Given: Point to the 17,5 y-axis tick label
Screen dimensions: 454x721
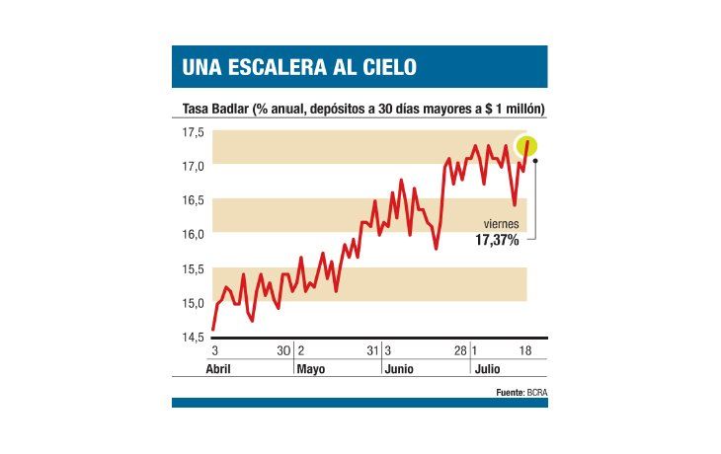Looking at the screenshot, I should pyautogui.click(x=192, y=132).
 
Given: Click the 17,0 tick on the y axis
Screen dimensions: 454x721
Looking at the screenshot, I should pyautogui.click(x=192, y=167).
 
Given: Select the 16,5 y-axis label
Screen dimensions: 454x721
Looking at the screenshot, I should pyautogui.click(x=192, y=200).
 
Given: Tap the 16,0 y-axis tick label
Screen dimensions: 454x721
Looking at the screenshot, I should pyautogui.click(x=192, y=235).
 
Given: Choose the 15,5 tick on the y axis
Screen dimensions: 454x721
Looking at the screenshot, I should pyautogui.click(x=192, y=269).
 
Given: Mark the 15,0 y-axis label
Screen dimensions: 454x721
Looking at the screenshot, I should pyautogui.click(x=192, y=303).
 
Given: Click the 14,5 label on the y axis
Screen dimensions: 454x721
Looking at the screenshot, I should pyautogui.click(x=192, y=338).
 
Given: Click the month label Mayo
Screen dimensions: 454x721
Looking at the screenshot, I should pyautogui.click(x=311, y=368).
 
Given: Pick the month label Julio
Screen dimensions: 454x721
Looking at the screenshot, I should pyautogui.click(x=486, y=368).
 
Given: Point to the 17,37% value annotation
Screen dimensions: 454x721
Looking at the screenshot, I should pyautogui.click(x=497, y=240).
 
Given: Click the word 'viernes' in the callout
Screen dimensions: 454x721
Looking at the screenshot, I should pyautogui.click(x=501, y=224).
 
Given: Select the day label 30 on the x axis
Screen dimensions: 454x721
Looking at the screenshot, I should pyautogui.click(x=282, y=351).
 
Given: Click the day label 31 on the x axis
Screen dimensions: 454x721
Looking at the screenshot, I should pyautogui.click(x=372, y=351).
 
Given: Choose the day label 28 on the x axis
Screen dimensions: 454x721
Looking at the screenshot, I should pyautogui.click(x=460, y=351).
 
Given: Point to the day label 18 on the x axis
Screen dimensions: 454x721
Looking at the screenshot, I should pyautogui.click(x=526, y=351).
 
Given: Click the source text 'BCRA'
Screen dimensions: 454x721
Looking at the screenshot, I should pyautogui.click(x=537, y=392).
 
